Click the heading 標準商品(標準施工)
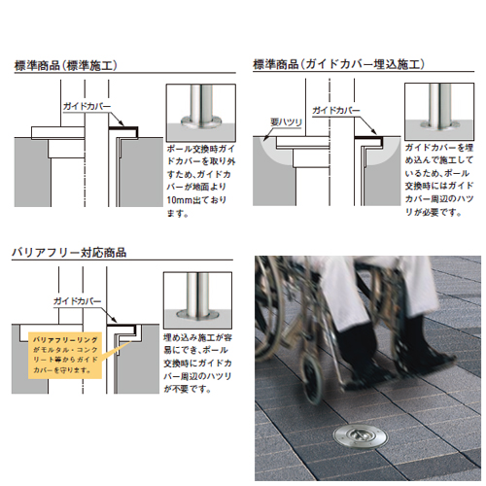[x=66, y=65]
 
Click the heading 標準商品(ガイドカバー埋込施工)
[x=338, y=64]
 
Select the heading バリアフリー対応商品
[x=69, y=252]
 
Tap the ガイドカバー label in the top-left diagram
[x=87, y=106]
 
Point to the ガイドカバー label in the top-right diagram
[x=336, y=110]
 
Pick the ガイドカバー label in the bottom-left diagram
[x=78, y=301]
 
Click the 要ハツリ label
[x=286, y=122]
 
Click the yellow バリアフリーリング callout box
[x=65, y=355]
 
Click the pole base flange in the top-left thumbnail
[x=201, y=121]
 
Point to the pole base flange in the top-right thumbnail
[x=439, y=123]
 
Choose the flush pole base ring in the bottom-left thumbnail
[x=197, y=314]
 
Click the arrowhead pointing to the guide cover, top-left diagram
[x=121, y=123]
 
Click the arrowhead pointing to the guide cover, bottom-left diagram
[x=114, y=320]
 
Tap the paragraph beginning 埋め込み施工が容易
[x=197, y=364]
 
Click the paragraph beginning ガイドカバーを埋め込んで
[x=439, y=180]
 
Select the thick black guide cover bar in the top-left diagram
[x=123, y=128]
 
